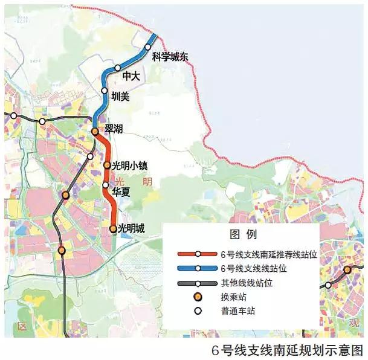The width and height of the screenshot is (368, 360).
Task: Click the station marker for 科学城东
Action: pyautogui.click(x=148, y=47)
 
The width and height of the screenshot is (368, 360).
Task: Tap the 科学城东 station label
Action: pyautogui.click(x=170, y=57)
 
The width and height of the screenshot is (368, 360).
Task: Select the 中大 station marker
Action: pyautogui.click(x=118, y=68)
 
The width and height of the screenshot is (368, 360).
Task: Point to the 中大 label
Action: pyautogui.click(x=131, y=77)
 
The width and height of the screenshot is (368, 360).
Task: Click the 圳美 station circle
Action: pyautogui.click(x=105, y=91)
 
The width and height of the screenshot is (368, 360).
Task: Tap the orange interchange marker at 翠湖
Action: pyautogui.click(x=95, y=131)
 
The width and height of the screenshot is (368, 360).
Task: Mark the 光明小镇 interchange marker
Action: pyautogui.click(x=107, y=165)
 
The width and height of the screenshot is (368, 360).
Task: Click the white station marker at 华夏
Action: pyautogui.click(x=106, y=185)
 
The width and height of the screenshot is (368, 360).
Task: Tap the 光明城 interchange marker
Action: pyautogui.click(x=113, y=229)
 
